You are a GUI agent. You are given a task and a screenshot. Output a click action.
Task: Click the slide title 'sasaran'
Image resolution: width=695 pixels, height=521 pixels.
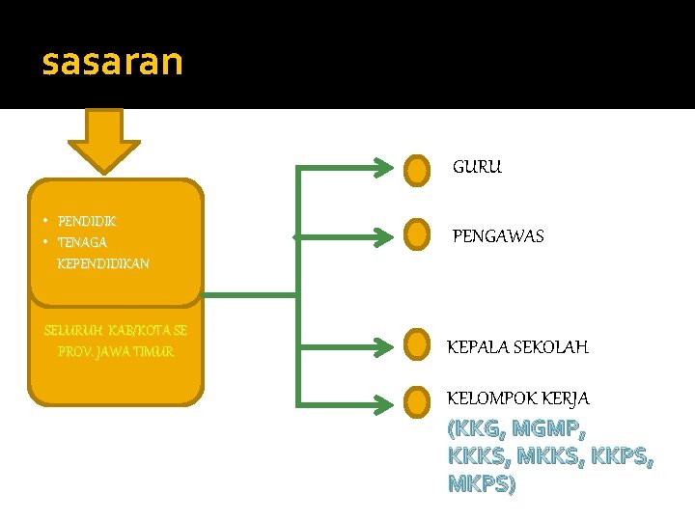pyautogui.click(x=112, y=62)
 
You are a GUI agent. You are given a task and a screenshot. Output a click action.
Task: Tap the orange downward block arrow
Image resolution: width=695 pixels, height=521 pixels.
pyautogui.click(x=103, y=139)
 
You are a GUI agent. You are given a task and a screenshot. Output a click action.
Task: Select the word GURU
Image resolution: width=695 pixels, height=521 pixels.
pyautogui.click(x=477, y=167)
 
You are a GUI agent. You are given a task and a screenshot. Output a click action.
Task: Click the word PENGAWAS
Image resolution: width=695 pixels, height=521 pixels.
pyautogui.click(x=499, y=236)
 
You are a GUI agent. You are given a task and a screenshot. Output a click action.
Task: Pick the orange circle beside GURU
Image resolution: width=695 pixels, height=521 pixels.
pyautogui.click(x=416, y=171)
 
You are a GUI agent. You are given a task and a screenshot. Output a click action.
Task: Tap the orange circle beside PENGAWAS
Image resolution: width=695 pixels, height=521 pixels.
pyautogui.click(x=416, y=233)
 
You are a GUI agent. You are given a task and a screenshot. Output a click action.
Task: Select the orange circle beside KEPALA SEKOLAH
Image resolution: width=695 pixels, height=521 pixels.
pyautogui.click(x=416, y=343)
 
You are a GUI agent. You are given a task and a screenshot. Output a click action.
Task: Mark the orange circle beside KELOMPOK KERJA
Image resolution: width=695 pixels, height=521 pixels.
pyautogui.click(x=416, y=399)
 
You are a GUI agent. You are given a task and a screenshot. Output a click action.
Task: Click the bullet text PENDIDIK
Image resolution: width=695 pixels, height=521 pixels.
pyautogui.click(x=87, y=221)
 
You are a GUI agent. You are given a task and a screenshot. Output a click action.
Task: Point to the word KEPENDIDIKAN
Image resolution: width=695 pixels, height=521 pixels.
pyautogui.click(x=103, y=263)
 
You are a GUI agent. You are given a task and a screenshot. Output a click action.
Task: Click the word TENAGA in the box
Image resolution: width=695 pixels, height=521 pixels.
pyautogui.click(x=82, y=242)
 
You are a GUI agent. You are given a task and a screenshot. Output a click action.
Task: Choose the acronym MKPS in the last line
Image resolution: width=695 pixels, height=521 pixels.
pyautogui.click(x=479, y=483)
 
